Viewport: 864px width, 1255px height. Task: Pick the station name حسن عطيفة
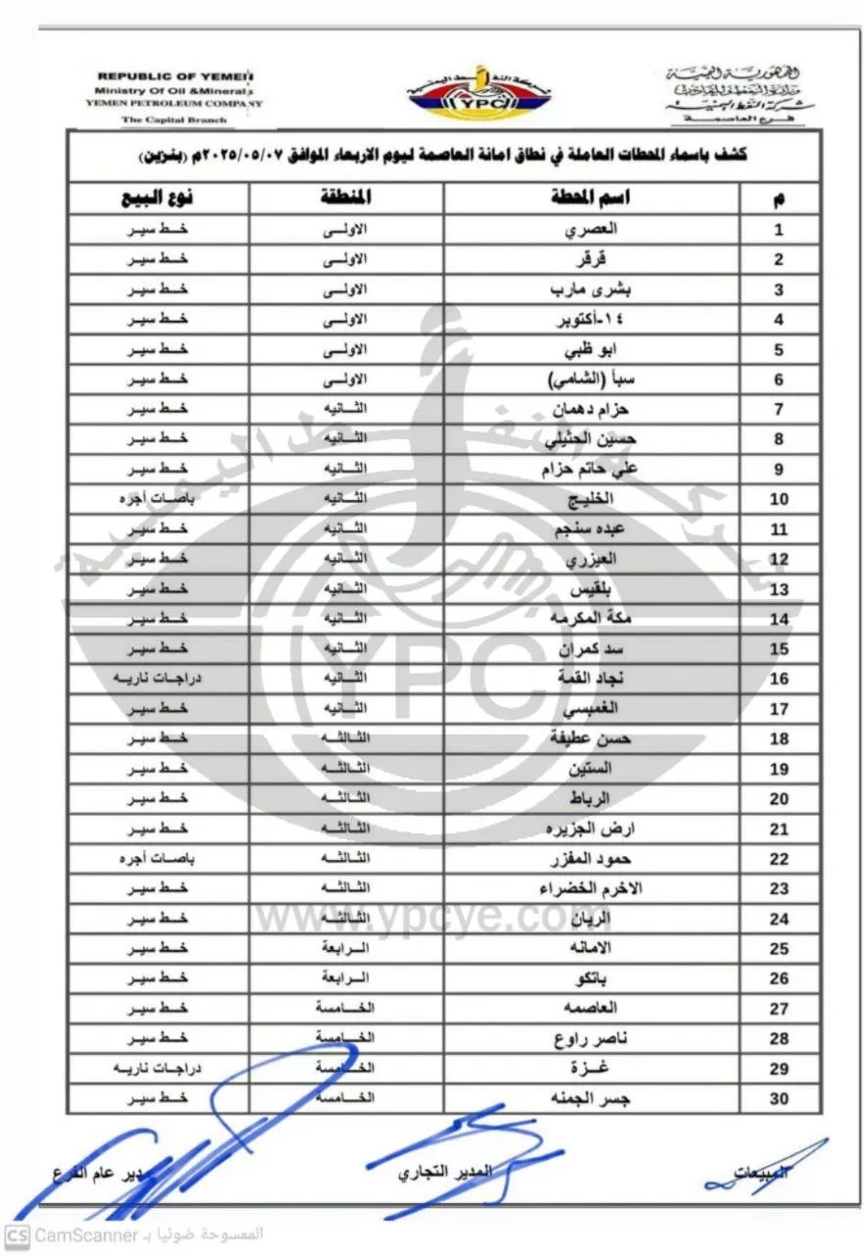pyautogui.click(x=590, y=738)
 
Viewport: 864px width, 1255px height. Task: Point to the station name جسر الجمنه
pyautogui.click(x=590, y=1099)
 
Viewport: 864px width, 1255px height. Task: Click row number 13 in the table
pyautogui.click(x=780, y=589)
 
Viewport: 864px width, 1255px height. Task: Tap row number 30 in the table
pyautogui.click(x=780, y=1099)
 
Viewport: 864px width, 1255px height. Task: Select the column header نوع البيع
pyautogui.click(x=157, y=197)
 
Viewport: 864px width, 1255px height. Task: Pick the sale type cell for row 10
pyautogui.click(x=157, y=499)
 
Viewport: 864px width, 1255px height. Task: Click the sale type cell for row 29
pyautogui.click(x=157, y=1069)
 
